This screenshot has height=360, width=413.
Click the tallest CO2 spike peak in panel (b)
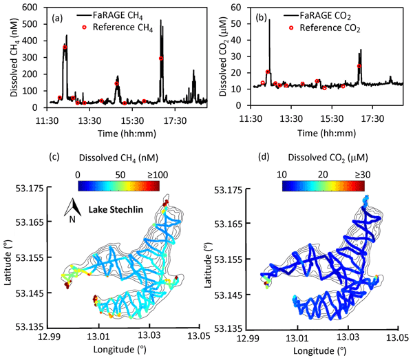click(270, 20)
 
